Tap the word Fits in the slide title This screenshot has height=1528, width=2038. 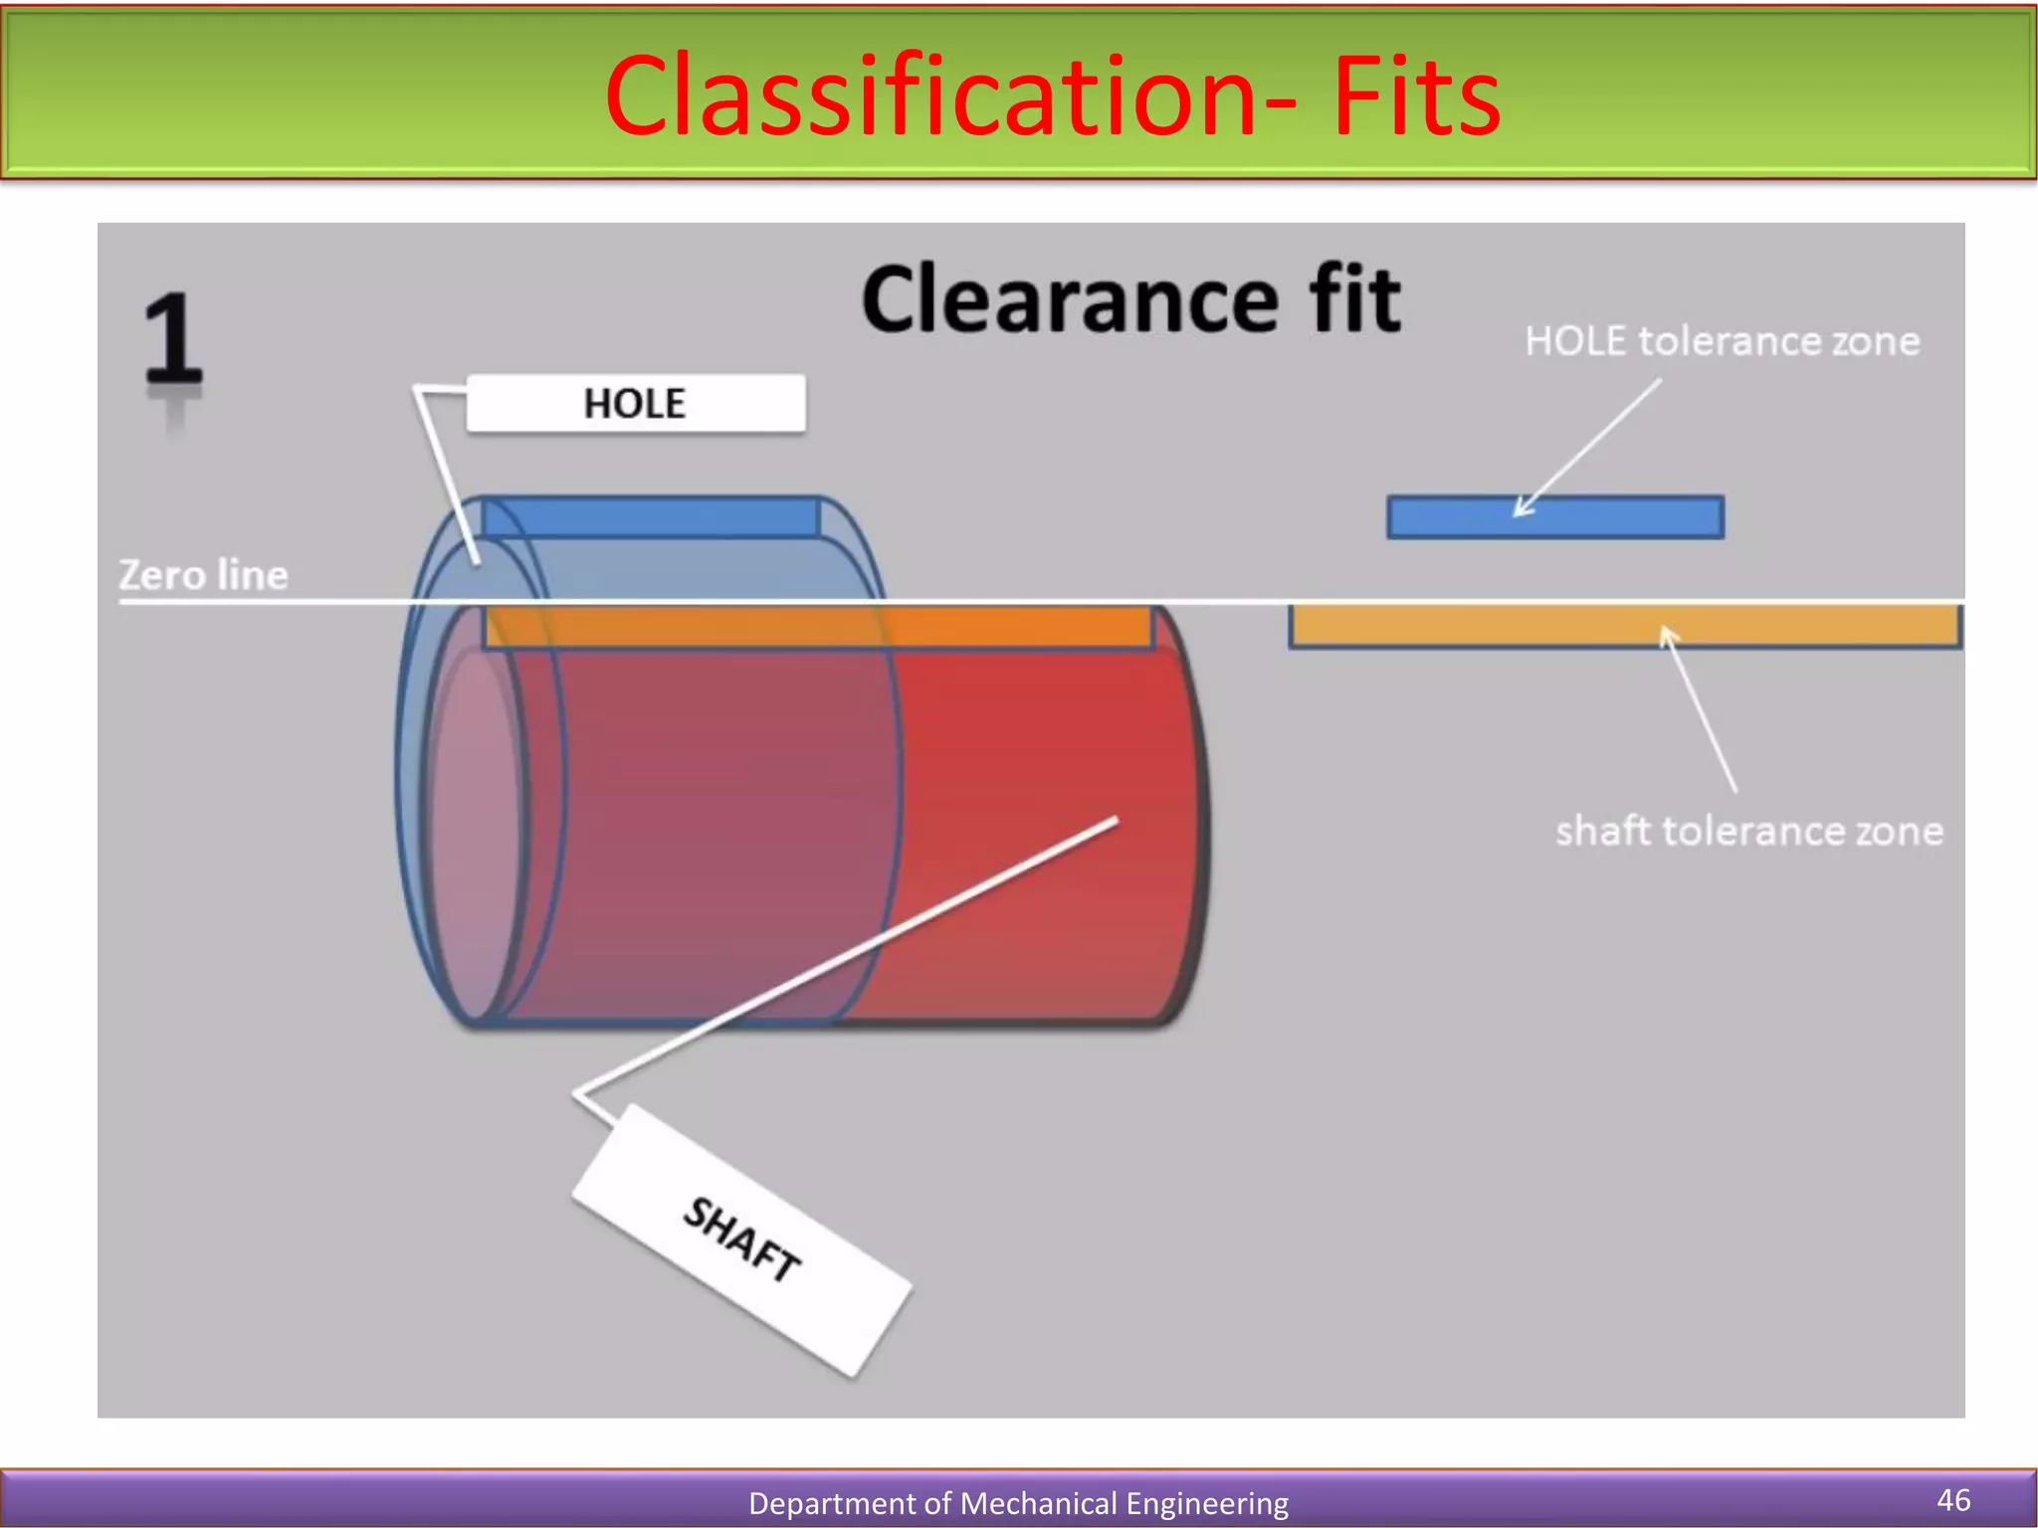pos(1416,96)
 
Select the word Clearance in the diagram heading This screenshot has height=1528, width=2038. pos(1070,299)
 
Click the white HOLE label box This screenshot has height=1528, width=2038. pos(636,404)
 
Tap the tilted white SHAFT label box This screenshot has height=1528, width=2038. pos(742,1240)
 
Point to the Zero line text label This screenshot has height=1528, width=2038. pos(203,575)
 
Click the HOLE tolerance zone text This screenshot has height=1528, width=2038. pos(1723,341)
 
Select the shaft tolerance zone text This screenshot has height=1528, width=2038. pos(1748,831)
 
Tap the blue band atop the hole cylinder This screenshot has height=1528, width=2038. pos(651,517)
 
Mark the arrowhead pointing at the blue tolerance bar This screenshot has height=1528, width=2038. pos(1521,508)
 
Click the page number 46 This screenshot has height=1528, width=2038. pos(1953,1499)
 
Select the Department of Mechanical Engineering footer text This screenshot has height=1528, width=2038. pos(1018,1503)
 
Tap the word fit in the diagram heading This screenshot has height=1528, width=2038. pos(1354,299)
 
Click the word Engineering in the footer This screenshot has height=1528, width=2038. pos(1206,1503)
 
